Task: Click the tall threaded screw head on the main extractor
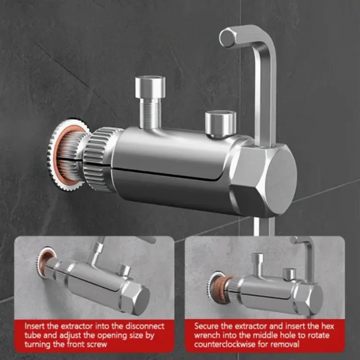click(150, 87)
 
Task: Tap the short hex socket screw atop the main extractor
click(220, 125)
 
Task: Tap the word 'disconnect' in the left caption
click(145, 326)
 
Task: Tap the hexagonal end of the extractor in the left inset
click(135, 298)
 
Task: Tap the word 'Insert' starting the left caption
click(35, 326)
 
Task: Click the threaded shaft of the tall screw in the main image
click(150, 113)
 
